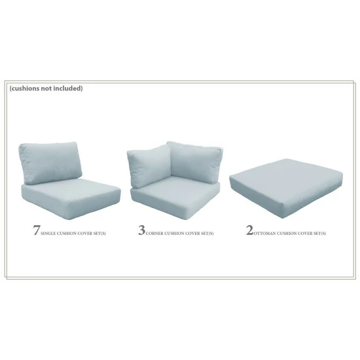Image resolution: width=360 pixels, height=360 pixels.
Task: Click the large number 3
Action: (141, 231)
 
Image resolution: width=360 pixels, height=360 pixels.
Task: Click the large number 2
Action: (249, 231)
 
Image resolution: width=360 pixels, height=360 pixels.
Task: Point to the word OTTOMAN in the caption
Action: (264, 233)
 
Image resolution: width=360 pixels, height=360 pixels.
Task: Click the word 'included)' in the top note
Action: (69, 88)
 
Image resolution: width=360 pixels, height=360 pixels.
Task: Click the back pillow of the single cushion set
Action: (50, 163)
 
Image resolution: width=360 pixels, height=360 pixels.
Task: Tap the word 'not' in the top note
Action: (50, 88)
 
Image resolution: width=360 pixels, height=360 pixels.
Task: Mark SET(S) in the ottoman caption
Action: (319, 233)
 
